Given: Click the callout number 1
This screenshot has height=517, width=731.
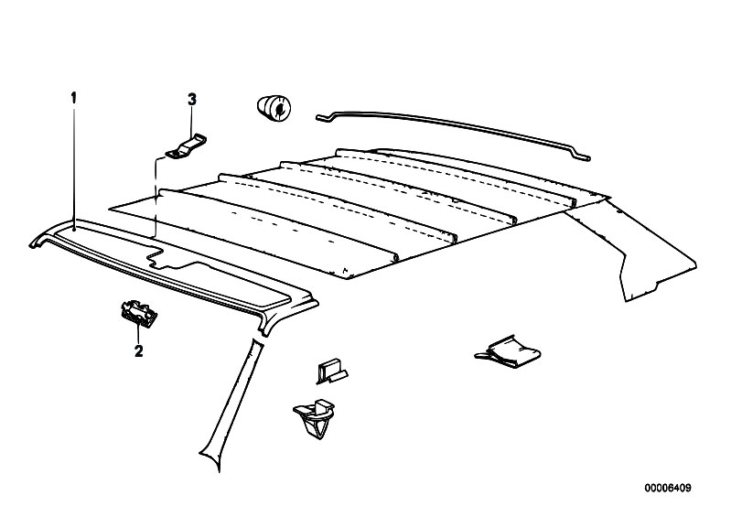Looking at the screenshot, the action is click(73, 98).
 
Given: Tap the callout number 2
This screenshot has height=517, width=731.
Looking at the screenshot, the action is click(138, 350).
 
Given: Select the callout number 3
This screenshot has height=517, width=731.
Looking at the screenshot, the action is click(191, 100).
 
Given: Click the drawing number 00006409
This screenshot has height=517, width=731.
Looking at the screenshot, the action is click(668, 488).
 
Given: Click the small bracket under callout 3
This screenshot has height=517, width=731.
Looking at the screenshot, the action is click(187, 146).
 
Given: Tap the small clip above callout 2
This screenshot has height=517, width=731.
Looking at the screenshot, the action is click(139, 314).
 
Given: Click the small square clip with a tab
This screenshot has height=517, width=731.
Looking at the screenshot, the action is click(331, 372).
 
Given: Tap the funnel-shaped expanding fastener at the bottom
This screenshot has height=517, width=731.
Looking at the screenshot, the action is click(315, 417).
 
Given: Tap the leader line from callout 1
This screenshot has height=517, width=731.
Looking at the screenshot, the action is click(74, 167).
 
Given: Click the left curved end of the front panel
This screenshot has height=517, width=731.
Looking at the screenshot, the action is click(38, 240).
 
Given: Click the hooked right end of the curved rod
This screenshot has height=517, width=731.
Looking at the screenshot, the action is click(583, 156).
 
